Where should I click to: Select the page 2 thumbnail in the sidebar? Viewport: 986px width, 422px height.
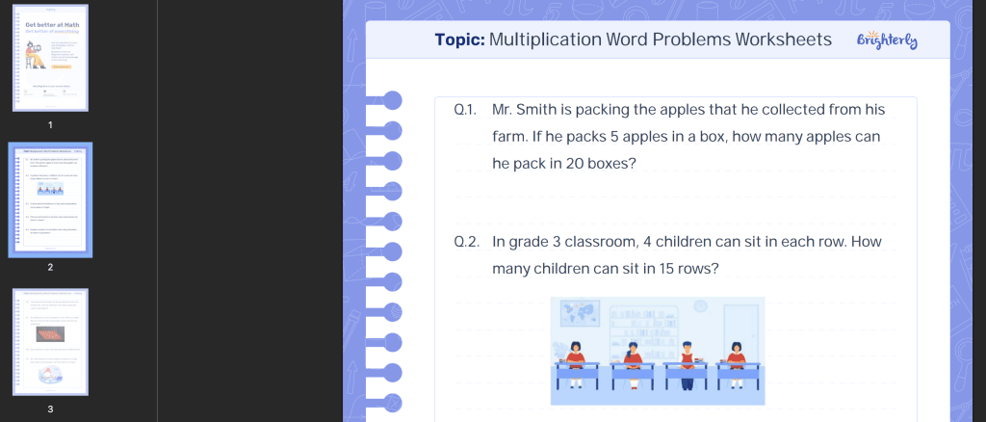point(50,200)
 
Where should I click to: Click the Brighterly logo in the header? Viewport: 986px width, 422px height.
point(887,40)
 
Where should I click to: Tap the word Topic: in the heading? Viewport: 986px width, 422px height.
point(459,40)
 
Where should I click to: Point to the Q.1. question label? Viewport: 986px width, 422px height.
point(465,110)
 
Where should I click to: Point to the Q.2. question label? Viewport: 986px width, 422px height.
point(466,242)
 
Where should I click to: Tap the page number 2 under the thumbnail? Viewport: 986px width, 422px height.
point(50,267)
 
